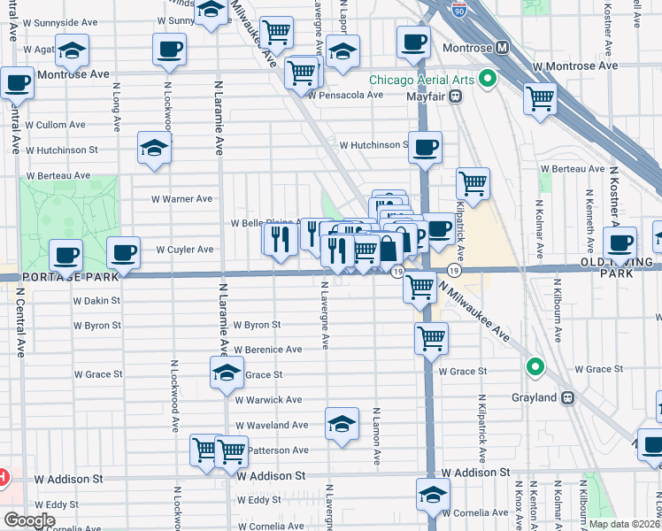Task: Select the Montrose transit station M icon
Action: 502,46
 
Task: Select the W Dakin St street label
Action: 97,301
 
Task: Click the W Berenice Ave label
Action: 268,350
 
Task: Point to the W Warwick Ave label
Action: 268,400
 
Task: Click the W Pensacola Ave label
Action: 350,95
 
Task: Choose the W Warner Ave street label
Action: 181,199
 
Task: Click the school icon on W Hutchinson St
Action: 155,148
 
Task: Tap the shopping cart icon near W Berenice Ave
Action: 431,337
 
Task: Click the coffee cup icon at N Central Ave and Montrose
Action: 17,84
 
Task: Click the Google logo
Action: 29,520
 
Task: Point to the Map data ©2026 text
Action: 624,524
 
